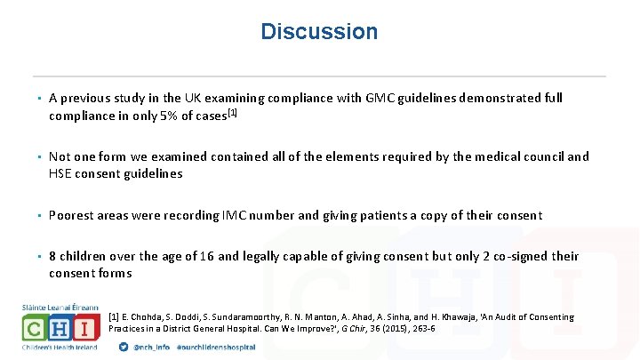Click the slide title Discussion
(319, 32)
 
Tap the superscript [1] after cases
(233, 113)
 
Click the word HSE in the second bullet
(61, 173)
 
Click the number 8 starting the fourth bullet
(53, 256)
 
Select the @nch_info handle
(154, 347)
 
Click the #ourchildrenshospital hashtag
(219, 347)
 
